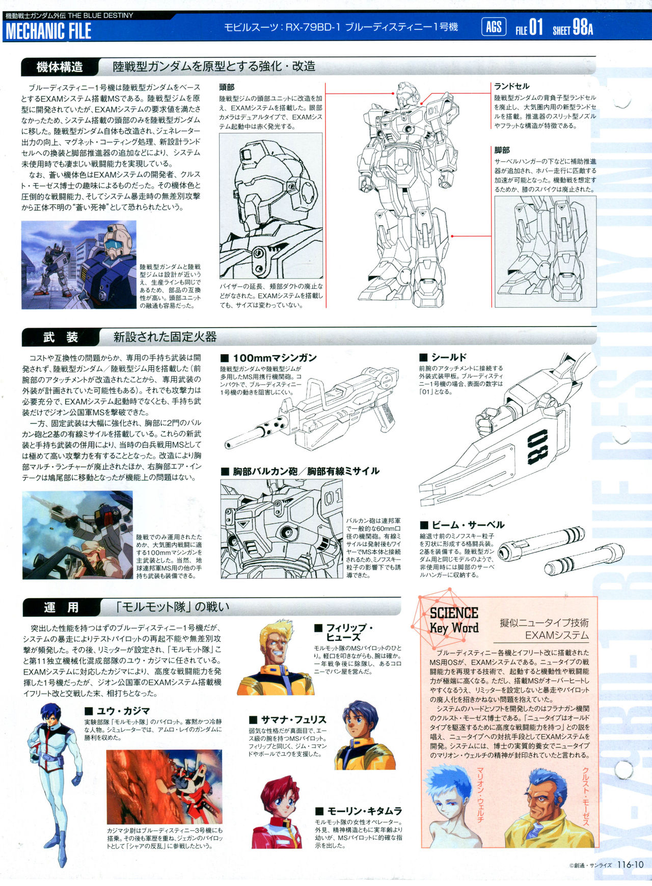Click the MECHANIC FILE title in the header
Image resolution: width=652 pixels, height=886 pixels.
pos(48,31)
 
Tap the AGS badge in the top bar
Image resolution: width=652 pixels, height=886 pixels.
pos(494,26)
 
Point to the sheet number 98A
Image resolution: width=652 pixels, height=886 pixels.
pos(583,27)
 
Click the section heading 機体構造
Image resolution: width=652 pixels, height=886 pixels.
pos(60,67)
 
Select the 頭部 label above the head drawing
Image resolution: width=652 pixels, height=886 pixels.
pos(227,87)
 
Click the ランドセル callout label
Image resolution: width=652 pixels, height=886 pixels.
pos(511,86)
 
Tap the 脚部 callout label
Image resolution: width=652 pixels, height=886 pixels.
pos(502,150)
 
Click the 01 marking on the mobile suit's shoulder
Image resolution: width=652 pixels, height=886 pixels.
pos(433,110)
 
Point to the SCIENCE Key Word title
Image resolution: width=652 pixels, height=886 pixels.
pos(454,620)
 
